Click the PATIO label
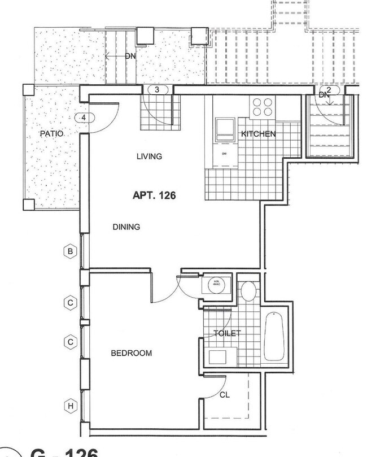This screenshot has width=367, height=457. (51, 134)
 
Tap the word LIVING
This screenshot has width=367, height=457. (149, 156)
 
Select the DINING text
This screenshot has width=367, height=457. (126, 227)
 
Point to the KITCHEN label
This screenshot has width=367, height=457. (258, 134)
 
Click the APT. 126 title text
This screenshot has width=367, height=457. (154, 196)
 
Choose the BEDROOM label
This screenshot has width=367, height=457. (131, 353)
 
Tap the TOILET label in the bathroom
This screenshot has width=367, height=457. (226, 333)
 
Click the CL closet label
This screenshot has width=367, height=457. (224, 395)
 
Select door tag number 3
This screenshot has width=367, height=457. (158, 90)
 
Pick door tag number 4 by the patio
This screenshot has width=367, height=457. (84, 117)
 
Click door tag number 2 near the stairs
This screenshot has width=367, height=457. (329, 89)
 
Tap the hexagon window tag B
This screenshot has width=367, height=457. (70, 252)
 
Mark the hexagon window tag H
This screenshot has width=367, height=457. (70, 406)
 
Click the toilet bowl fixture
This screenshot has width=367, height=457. (248, 291)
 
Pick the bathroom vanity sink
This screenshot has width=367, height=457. (217, 356)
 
